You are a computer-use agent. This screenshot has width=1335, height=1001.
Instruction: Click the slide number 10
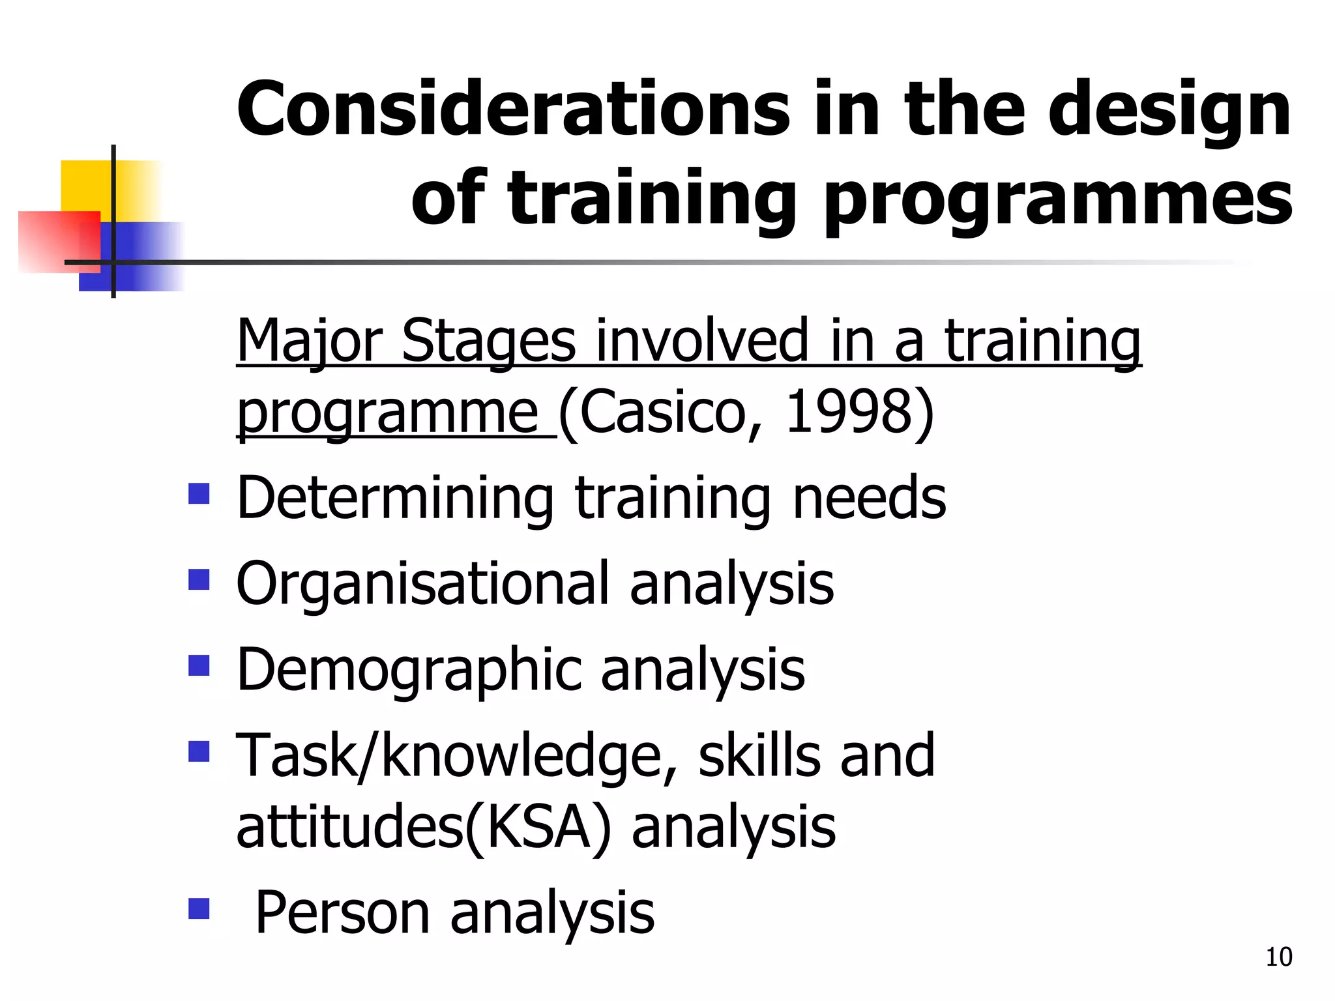click(x=1278, y=957)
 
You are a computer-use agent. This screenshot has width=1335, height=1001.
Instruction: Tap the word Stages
click(x=488, y=342)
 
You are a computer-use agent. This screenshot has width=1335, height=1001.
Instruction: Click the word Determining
click(x=395, y=499)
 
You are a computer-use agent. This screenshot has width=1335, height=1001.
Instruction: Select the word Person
click(x=343, y=913)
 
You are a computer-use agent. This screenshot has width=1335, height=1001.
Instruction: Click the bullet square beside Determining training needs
click(x=199, y=493)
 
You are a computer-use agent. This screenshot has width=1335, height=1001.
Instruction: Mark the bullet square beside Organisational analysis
click(x=199, y=579)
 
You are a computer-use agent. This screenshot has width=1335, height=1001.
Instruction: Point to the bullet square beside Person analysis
click(x=199, y=908)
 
